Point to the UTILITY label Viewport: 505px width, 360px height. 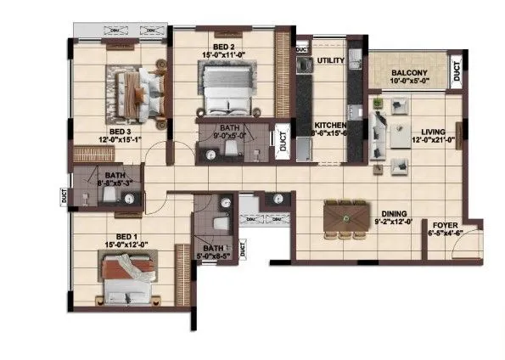coord(329,61)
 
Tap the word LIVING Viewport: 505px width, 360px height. coord(433,132)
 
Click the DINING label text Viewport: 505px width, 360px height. coord(393,213)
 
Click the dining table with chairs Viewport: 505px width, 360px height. coord(345,217)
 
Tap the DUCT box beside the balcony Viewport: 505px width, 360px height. coord(457,71)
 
